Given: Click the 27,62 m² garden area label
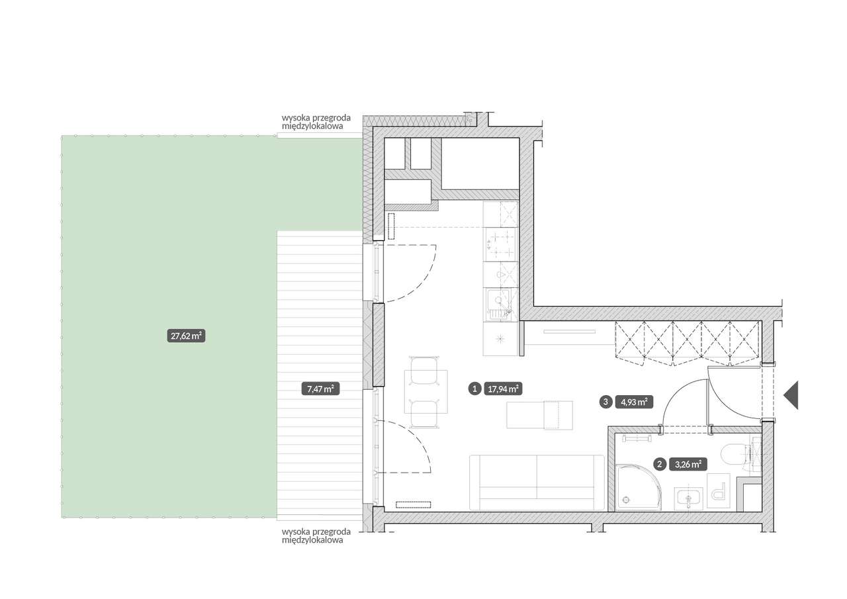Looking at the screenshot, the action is pyautogui.click(x=186, y=336).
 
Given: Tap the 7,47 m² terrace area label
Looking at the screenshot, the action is pyautogui.click(x=320, y=389).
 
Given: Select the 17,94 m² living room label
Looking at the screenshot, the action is pyautogui.click(x=503, y=389).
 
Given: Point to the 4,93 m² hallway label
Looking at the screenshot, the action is pyautogui.click(x=634, y=402).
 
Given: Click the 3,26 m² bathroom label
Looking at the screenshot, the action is pyautogui.click(x=688, y=464).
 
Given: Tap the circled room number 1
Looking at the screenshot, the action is pyautogui.click(x=474, y=389).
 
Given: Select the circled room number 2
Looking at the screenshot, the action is pyautogui.click(x=660, y=464).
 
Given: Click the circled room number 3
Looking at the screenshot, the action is pyautogui.click(x=605, y=402).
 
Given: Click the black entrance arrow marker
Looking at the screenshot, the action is pyautogui.click(x=791, y=395).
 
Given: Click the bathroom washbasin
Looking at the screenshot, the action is pyautogui.click(x=689, y=498).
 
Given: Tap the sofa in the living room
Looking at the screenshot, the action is pyautogui.click(x=537, y=483).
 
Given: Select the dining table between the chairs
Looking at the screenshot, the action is pyautogui.click(x=426, y=392).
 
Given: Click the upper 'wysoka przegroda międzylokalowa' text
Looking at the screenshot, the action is pyautogui.click(x=316, y=122).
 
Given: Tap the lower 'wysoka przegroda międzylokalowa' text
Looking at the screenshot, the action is pyautogui.click(x=316, y=536).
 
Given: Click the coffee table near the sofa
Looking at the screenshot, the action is pyautogui.click(x=539, y=415).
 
